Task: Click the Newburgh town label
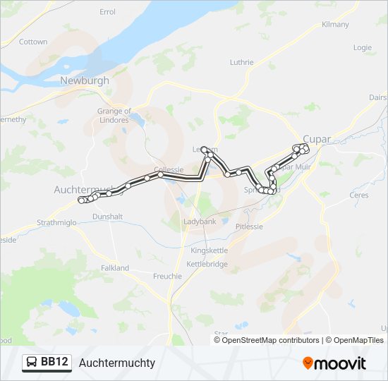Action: pyautogui.click(x=85, y=80)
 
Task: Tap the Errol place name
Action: pyautogui.click(x=108, y=12)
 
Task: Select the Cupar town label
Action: pyautogui.click(x=316, y=139)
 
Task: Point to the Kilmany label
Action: pyautogui.click(x=335, y=24)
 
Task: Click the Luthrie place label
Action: pyautogui.click(x=241, y=62)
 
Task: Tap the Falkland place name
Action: pyautogui.click(x=114, y=268)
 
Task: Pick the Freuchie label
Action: pyautogui.click(x=167, y=276)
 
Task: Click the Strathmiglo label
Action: pyautogui.click(x=57, y=224)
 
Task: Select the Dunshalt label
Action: pyautogui.click(x=107, y=216)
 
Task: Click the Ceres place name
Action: pyautogui.click(x=359, y=194)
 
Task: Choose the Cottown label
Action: pyautogui.click(x=33, y=42)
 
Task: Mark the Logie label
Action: pyautogui.click(x=363, y=48)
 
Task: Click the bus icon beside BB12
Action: pyautogui.click(x=32, y=363)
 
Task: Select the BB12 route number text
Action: pyautogui.click(x=55, y=363)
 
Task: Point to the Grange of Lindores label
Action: pyautogui.click(x=114, y=115)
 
